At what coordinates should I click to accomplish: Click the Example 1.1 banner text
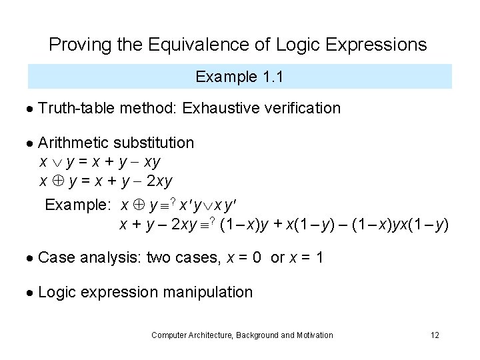(240, 77)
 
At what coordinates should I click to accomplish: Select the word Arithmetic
(74, 143)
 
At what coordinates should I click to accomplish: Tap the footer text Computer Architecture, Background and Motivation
(242, 335)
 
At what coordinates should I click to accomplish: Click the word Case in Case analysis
(57, 257)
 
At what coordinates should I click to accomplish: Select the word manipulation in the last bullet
(212, 292)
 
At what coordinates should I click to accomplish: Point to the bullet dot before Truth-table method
(32, 109)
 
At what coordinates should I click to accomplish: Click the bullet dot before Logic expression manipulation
(32, 293)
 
